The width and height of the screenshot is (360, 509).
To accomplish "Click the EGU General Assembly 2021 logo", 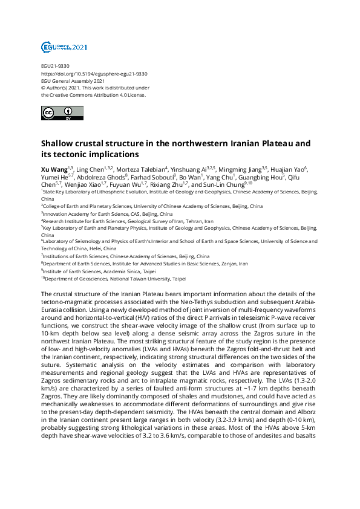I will pos(64,47).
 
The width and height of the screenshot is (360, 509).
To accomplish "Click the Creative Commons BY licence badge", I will pos(57,113).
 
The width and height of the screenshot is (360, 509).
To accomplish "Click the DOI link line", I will pos(94,74).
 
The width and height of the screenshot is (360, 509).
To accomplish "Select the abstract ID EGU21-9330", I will pos(55,66).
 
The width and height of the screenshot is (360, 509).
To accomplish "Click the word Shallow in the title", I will pos(59,144).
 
